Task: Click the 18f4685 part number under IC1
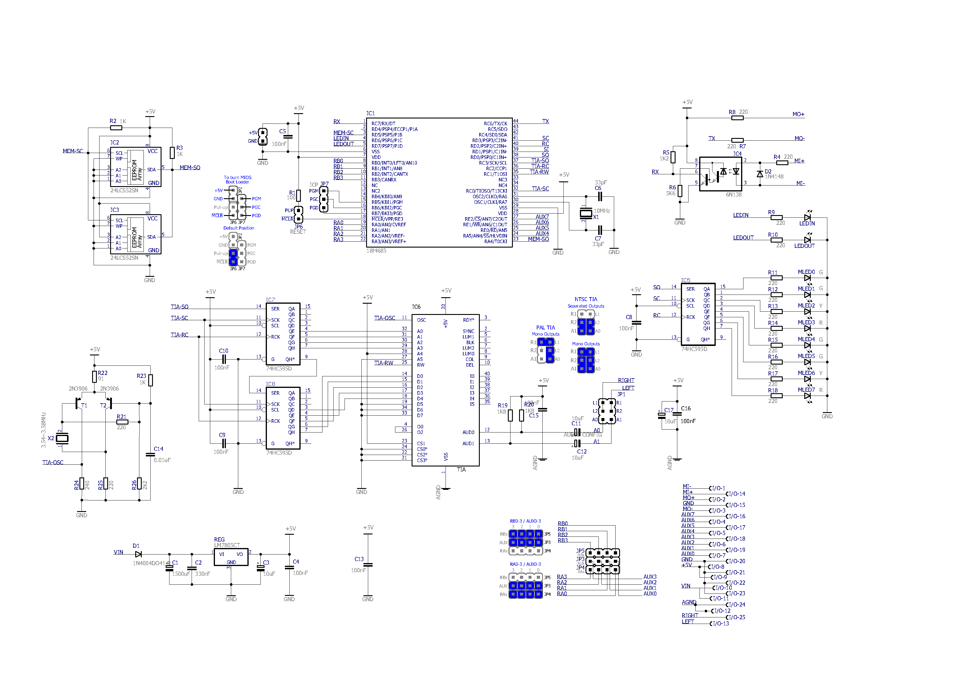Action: click(376, 251)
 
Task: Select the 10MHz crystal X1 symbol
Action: click(586, 214)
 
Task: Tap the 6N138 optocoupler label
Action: click(734, 195)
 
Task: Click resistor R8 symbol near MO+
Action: click(738, 118)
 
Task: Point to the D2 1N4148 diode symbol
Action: click(760, 174)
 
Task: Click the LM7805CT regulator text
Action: click(227, 545)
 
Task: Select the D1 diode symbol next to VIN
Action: click(138, 554)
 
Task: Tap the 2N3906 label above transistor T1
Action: click(78, 389)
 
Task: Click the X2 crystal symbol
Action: click(63, 438)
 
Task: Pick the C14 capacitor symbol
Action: click(150, 455)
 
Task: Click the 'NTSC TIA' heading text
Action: click(586, 299)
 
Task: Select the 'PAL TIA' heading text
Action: click(546, 327)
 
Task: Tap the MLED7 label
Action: click(806, 390)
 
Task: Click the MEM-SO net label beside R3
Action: click(190, 168)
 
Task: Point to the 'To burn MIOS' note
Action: click(237, 178)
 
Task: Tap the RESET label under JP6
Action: click(298, 232)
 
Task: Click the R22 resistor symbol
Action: click(94, 377)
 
